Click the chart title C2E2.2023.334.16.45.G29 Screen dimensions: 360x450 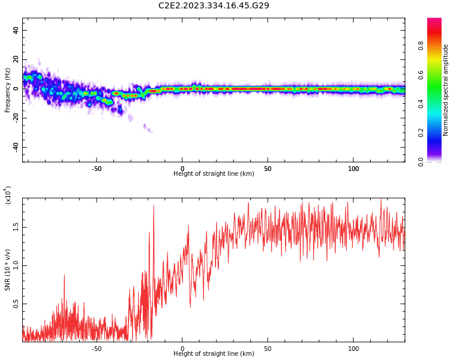(x=214, y=5)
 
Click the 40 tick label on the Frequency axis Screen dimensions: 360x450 (x=16, y=30)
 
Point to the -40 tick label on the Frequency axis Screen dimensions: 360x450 (x=15, y=147)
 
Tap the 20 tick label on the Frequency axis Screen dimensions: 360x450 (x=16, y=59)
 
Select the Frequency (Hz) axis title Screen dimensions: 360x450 (x=8, y=90)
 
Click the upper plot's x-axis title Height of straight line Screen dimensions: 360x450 (x=214, y=174)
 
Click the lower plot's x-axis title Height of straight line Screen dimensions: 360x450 (x=214, y=354)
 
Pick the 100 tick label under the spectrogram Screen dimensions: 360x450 (x=353, y=169)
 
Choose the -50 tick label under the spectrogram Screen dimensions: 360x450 (x=97, y=169)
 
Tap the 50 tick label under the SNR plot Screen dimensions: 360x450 (x=268, y=349)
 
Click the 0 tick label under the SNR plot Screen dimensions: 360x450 (x=182, y=349)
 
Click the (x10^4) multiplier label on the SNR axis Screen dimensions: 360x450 (x=8, y=195)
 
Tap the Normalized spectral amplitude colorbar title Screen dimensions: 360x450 (x=446, y=90)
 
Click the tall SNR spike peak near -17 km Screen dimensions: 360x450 (x=154, y=206)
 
